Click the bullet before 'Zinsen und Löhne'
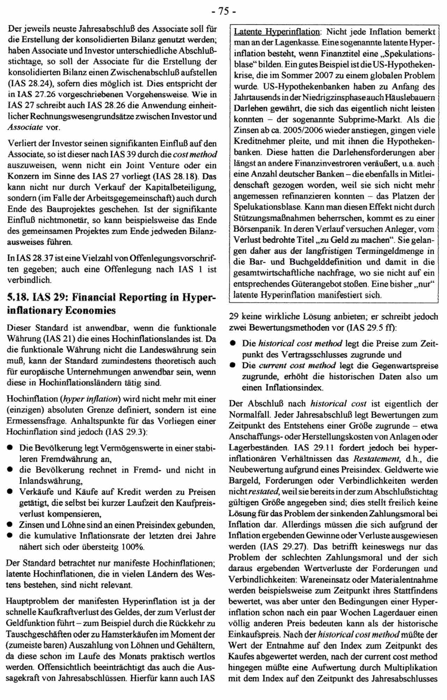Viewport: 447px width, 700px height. (10, 525)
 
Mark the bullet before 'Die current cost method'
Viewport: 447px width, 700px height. (232, 366)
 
